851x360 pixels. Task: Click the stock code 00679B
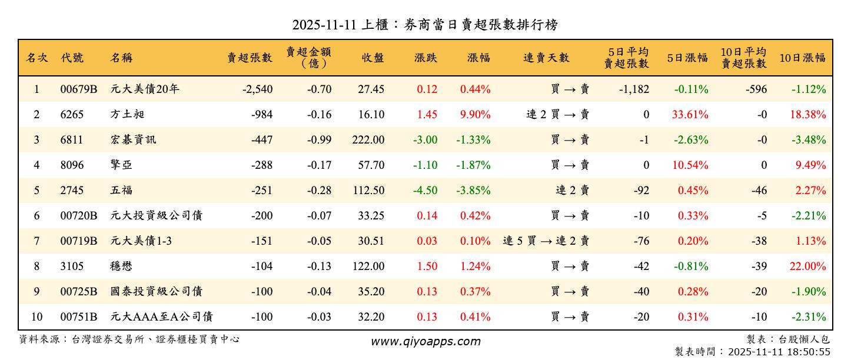(78, 89)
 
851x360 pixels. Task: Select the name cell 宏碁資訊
(133, 140)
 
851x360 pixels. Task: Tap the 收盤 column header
(373, 58)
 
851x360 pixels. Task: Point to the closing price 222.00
(371, 140)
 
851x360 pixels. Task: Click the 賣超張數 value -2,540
(257, 89)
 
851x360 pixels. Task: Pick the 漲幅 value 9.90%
(475, 115)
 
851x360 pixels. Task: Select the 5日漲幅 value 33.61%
(690, 115)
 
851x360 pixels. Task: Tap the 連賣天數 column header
(546, 58)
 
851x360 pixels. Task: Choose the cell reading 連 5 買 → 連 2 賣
(546, 241)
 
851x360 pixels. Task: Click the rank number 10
(36, 317)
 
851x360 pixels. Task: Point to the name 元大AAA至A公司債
(161, 317)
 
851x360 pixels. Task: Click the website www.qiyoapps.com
(425, 341)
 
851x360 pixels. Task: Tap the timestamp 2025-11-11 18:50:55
(779, 352)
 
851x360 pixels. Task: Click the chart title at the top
(425, 25)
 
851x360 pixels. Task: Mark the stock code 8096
(72, 165)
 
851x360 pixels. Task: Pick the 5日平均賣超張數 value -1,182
(634, 89)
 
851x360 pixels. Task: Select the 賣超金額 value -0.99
(319, 140)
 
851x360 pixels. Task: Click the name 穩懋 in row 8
(121, 266)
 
